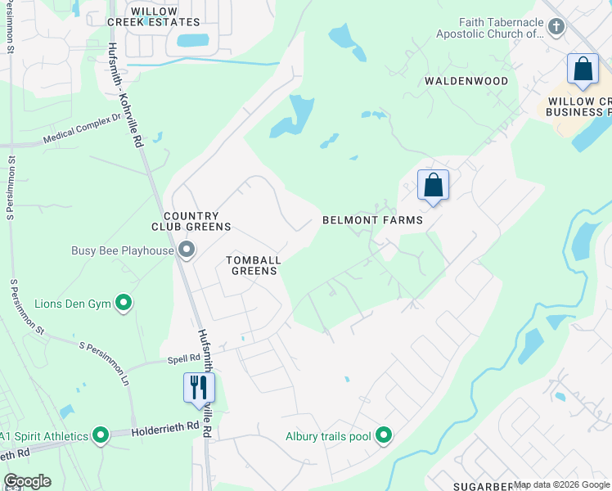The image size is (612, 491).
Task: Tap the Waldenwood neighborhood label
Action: point(466,81)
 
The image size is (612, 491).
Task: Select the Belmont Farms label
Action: point(372,220)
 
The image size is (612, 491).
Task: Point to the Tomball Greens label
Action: point(254,265)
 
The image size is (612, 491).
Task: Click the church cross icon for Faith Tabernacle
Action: point(556,27)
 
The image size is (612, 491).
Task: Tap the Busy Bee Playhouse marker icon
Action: point(187,250)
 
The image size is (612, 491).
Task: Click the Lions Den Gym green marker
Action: point(124,304)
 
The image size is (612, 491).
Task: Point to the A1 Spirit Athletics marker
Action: point(100,436)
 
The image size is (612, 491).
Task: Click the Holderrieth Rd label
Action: point(169,426)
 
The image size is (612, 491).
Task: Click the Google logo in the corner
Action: point(26,481)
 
